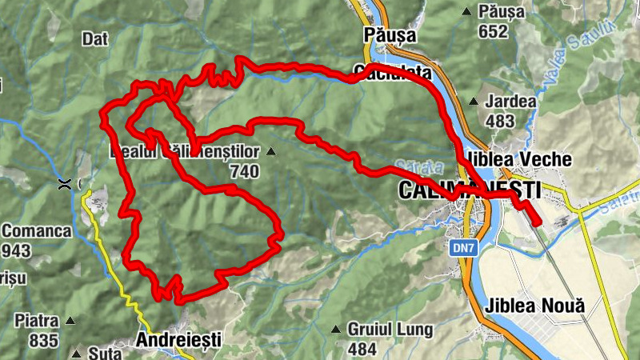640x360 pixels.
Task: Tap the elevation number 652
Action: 494,31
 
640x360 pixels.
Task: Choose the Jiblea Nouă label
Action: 534,306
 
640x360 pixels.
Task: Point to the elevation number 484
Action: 362,349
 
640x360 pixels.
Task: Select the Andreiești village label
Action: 178,339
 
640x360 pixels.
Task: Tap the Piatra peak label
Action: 36,321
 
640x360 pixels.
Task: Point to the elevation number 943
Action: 16,251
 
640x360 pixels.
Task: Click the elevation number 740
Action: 244,170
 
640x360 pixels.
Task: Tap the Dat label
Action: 94,38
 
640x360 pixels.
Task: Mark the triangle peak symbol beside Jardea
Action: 473,102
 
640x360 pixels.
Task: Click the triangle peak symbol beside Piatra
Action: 70,321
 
